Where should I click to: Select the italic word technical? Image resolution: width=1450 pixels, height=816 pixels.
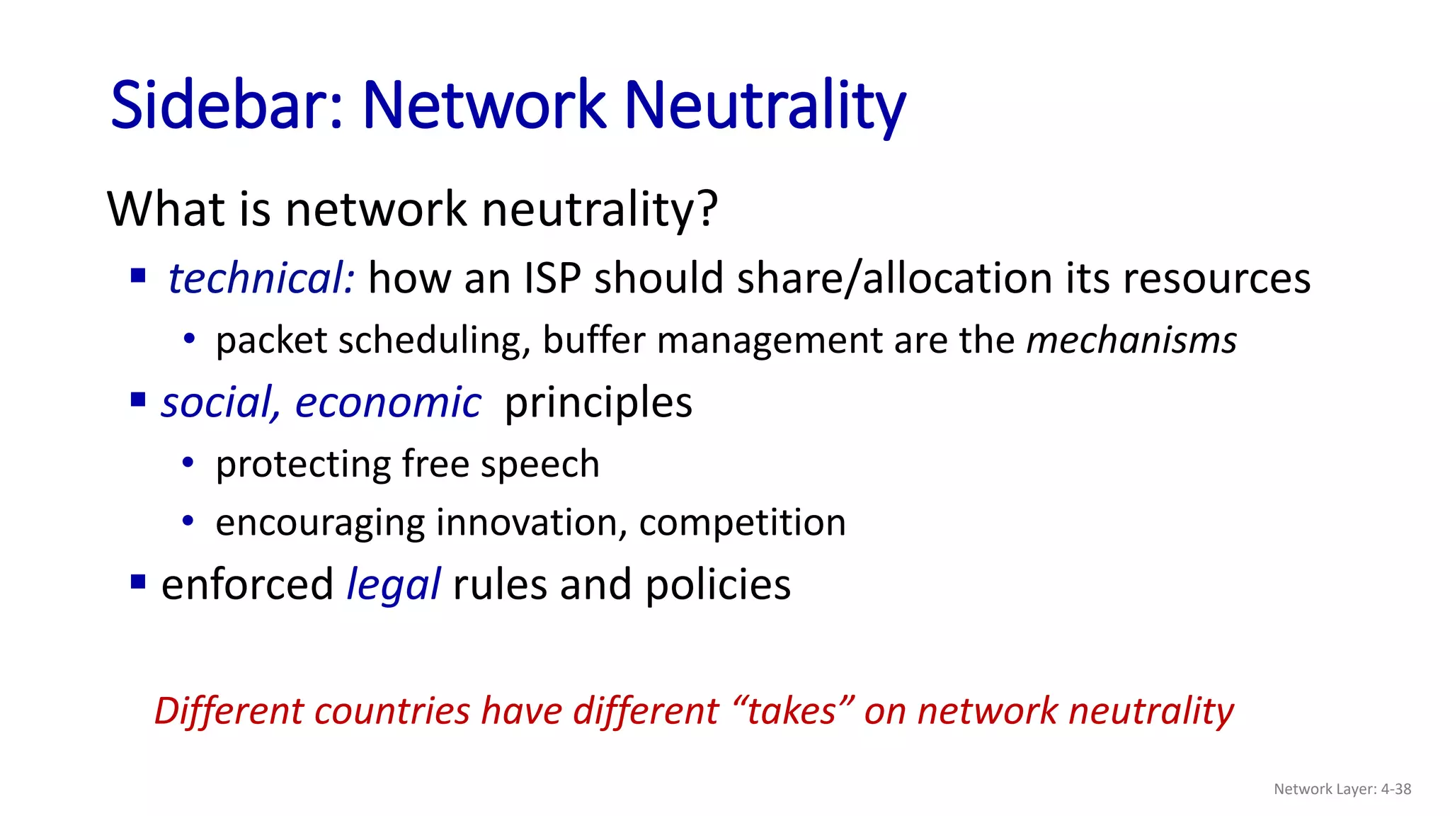pyautogui.click(x=261, y=278)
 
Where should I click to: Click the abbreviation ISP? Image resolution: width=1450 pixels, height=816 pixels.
pyautogui.click(x=552, y=278)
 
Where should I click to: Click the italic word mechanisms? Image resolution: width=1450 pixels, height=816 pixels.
pyautogui.click(x=1131, y=340)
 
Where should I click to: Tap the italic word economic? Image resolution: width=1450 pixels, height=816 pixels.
pyautogui.click(x=388, y=402)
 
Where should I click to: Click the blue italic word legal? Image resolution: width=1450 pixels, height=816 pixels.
pyautogui.click(x=394, y=585)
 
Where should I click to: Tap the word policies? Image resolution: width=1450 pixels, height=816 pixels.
pyautogui.click(x=718, y=585)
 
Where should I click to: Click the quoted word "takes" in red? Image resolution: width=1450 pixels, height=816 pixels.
pyautogui.click(x=794, y=710)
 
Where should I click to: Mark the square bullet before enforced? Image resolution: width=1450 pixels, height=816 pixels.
pyautogui.click(x=138, y=583)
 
